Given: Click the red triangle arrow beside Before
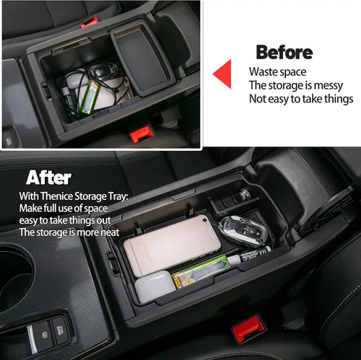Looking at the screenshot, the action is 224,74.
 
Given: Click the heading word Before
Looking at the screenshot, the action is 284,52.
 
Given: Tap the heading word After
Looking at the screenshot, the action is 48,177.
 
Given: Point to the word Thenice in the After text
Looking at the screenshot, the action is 56,196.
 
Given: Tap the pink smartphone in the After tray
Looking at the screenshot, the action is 172,245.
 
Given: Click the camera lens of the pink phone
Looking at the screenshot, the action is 205,219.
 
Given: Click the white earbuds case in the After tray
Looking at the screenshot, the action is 155,286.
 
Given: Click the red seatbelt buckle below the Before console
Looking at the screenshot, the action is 142,134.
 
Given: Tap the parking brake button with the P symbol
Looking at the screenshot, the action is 43,335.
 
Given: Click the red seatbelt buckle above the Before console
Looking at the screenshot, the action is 90,22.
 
